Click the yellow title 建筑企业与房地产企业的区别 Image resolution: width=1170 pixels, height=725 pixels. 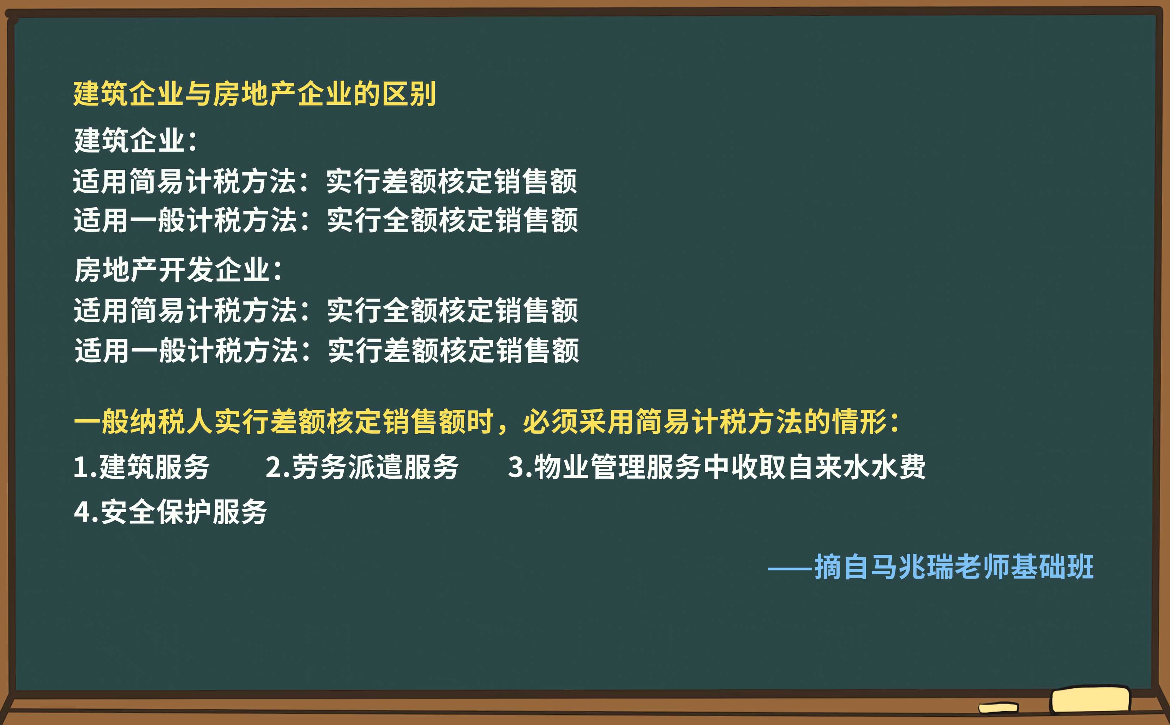pos(254,94)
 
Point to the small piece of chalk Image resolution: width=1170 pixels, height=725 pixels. pos(997,708)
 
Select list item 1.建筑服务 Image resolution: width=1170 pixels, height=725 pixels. pos(142,467)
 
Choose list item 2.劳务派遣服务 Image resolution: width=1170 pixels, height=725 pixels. pos(362,467)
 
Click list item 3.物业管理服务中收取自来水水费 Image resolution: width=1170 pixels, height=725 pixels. pos(716,467)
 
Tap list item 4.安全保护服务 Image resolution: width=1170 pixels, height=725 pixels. pos(170,511)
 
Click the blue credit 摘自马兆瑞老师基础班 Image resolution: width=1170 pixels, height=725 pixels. pos(954,567)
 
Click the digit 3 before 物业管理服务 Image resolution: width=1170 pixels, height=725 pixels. pos(515,467)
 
